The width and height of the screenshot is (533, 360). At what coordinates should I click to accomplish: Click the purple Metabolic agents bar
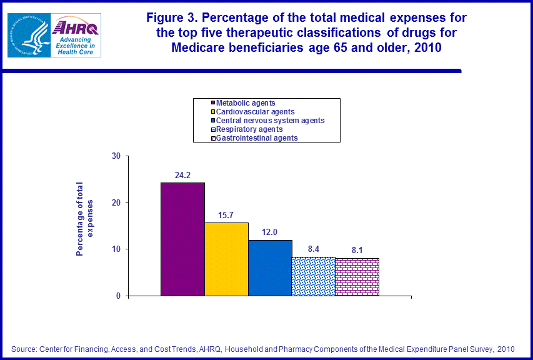[182, 239]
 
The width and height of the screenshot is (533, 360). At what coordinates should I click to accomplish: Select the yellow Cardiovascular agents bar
[226, 259]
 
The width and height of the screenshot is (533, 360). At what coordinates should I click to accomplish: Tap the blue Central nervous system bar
[270, 267]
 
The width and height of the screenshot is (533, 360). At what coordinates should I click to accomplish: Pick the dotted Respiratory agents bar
[314, 276]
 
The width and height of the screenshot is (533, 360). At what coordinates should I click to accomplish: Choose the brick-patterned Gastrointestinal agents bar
[357, 277]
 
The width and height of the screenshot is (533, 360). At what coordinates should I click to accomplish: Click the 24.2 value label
[182, 176]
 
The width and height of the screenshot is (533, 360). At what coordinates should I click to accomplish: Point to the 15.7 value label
[226, 215]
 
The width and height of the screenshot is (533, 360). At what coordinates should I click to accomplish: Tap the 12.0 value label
[270, 232]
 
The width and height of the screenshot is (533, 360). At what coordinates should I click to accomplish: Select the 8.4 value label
[314, 249]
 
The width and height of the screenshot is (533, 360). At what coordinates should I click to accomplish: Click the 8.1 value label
[357, 251]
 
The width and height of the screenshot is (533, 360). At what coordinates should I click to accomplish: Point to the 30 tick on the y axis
[116, 156]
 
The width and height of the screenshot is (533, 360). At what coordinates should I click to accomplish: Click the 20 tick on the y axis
[116, 202]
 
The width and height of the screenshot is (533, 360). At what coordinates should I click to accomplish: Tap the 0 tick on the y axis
[118, 296]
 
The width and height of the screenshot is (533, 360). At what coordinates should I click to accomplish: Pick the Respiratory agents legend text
[249, 129]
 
